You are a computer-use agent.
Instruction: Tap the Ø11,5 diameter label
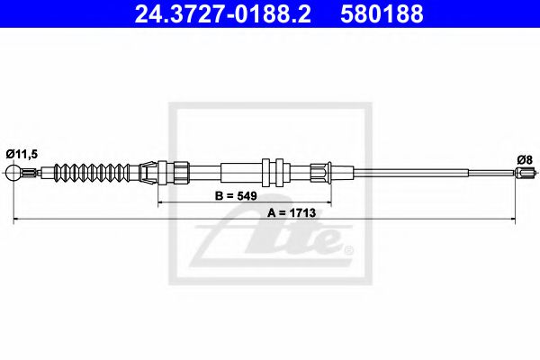pos(22,153)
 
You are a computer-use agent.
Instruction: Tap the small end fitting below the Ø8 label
pos(526,174)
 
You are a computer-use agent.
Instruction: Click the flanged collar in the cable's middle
pos(274,172)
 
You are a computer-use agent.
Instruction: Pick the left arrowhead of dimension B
pos(162,204)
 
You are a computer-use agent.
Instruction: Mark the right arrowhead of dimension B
pos(328,204)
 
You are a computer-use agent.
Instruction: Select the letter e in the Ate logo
pos(326,241)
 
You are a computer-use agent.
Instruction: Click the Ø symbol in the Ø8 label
pos(519,160)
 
